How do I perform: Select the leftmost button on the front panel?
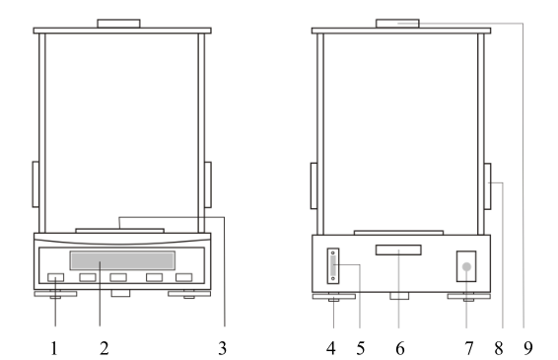click(55, 278)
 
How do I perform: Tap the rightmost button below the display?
click(183, 278)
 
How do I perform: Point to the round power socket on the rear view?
click(465, 266)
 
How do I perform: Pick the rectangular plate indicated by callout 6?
click(397, 251)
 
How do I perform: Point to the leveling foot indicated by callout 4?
click(335, 295)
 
